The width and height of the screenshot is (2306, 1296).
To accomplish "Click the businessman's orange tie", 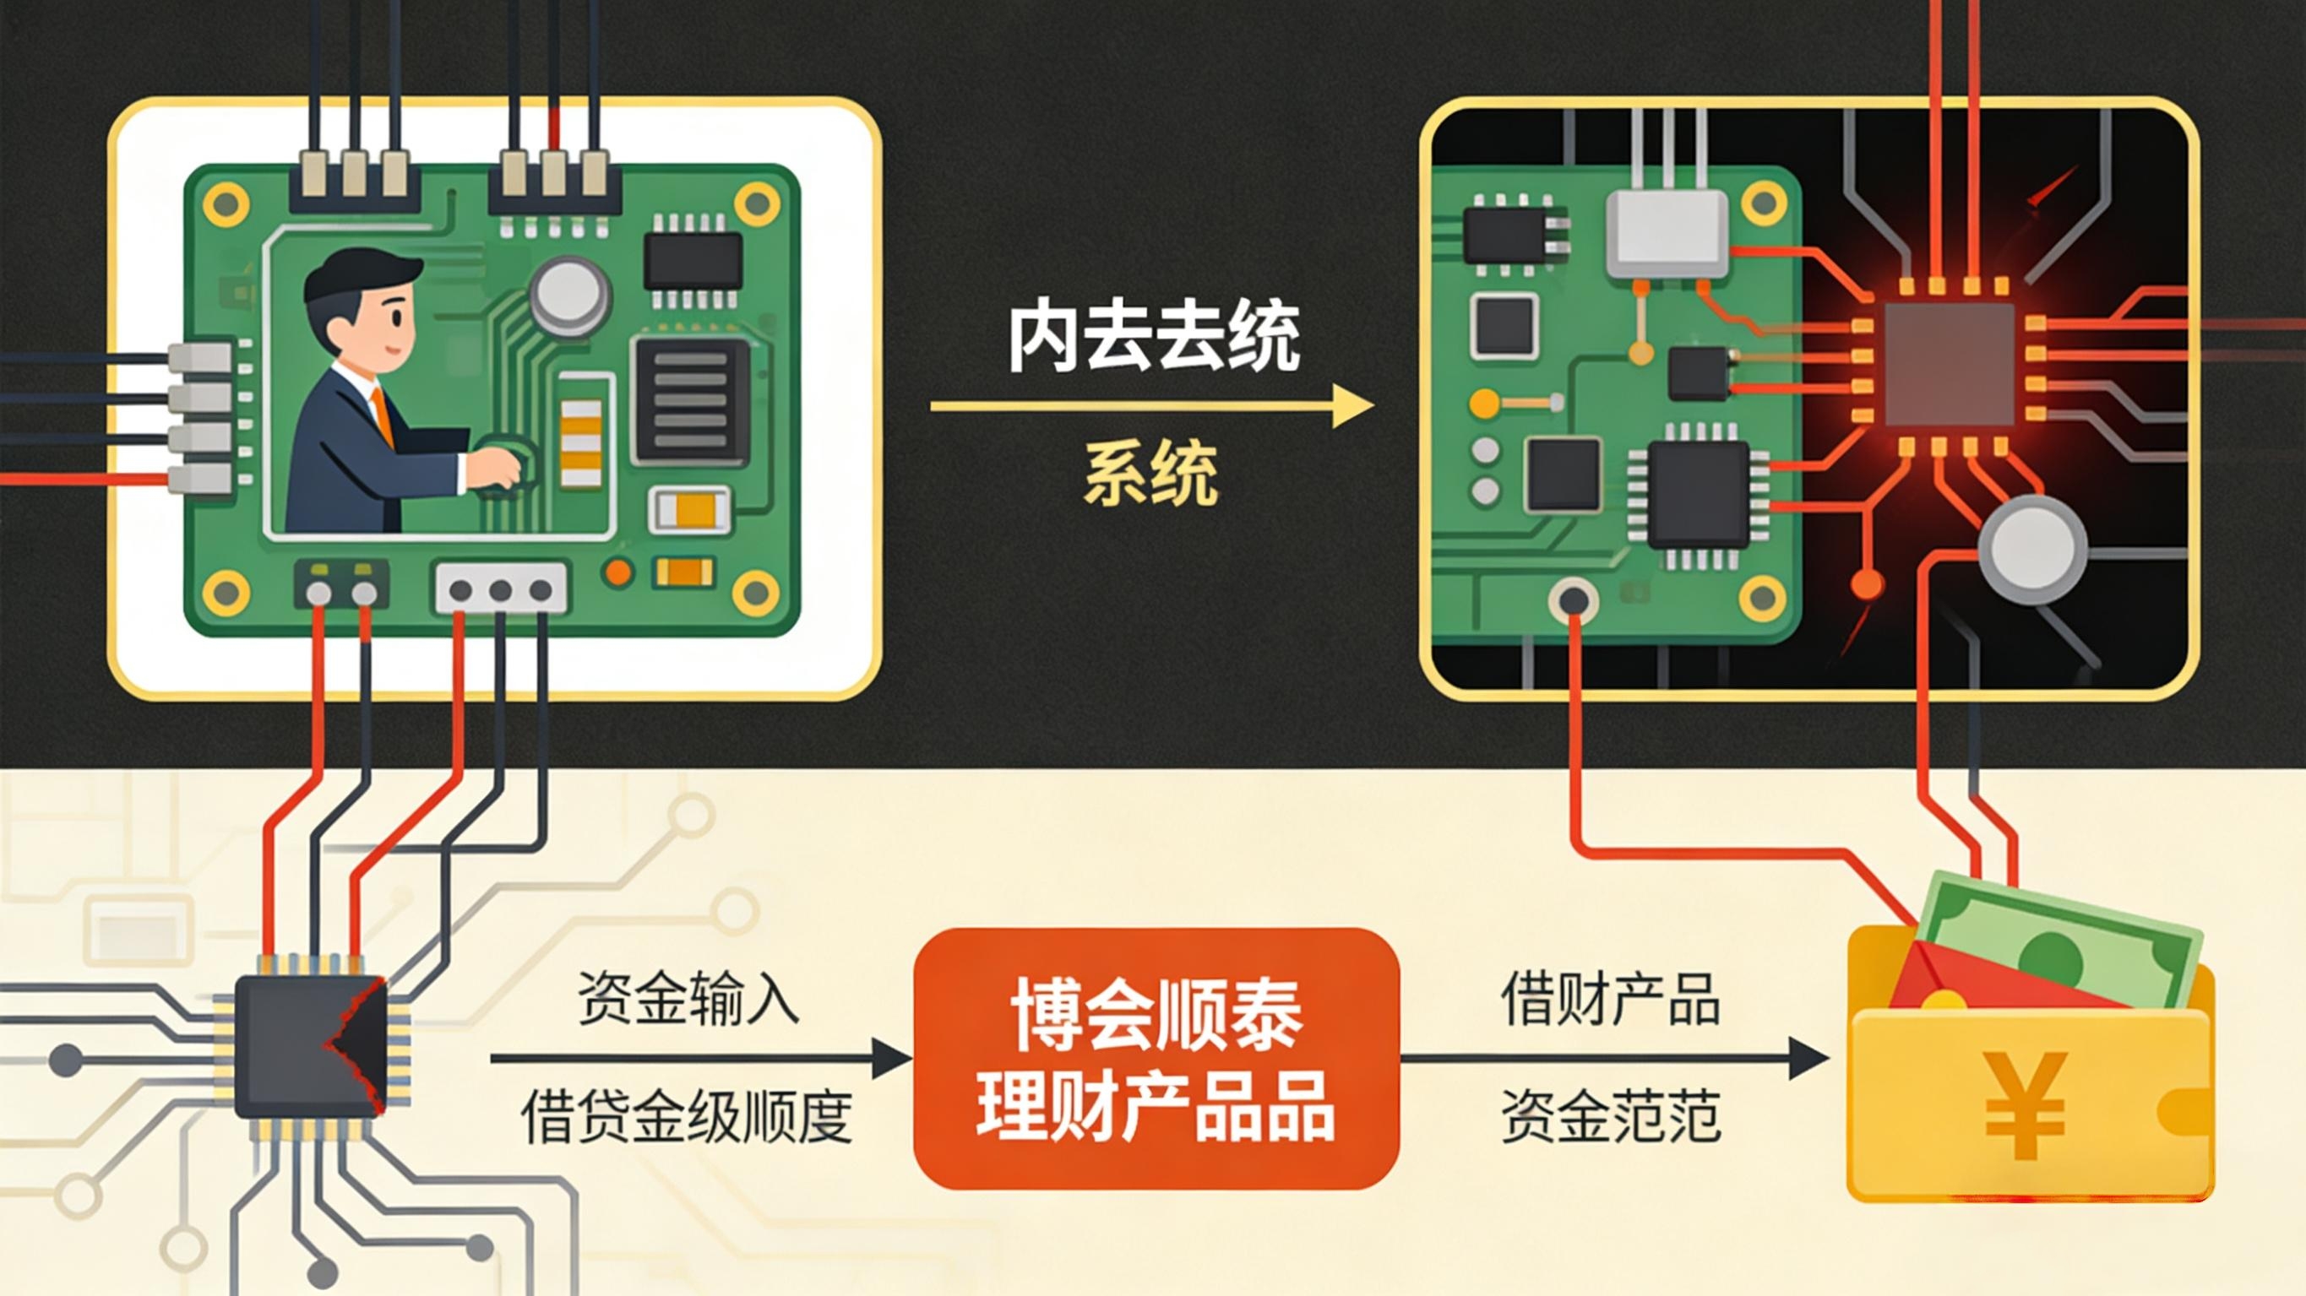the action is (383, 416).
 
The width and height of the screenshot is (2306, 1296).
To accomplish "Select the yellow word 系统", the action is (1151, 474).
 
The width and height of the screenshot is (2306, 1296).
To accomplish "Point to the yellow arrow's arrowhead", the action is (1353, 406).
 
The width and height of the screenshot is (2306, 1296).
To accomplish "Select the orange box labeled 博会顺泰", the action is (1156, 1058).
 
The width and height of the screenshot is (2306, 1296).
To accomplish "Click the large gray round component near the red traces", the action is (2032, 548).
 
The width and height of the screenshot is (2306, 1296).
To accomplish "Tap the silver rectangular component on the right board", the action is (1667, 234).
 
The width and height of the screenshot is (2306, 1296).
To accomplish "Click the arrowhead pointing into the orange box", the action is (892, 1059).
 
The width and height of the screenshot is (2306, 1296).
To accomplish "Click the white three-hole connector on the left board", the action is (500, 588).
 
